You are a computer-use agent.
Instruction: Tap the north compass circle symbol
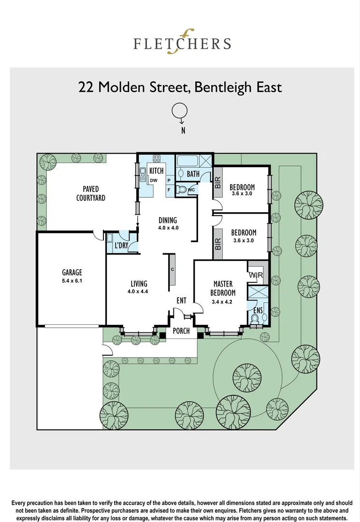(179, 111)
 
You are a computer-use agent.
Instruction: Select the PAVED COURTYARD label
(90, 193)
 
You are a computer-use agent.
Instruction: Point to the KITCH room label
(157, 171)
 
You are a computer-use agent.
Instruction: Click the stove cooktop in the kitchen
(157, 159)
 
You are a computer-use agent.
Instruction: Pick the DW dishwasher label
(154, 180)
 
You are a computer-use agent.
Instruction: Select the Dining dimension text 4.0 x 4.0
(168, 228)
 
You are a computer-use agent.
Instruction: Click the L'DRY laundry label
(121, 246)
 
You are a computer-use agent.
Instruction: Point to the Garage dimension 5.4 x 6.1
(72, 281)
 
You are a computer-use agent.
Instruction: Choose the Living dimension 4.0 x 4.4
(139, 291)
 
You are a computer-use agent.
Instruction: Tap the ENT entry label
(181, 301)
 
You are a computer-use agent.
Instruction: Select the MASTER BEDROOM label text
(223, 288)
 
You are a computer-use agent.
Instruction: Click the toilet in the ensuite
(255, 319)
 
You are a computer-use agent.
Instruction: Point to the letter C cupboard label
(172, 269)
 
